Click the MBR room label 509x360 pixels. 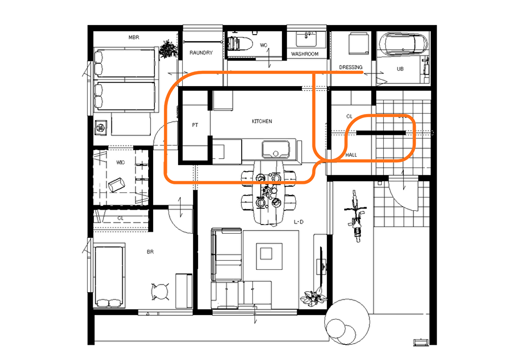click(134, 37)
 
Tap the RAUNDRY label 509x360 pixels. click(201, 52)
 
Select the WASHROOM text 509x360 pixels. click(305, 54)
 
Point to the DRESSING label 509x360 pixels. click(351, 67)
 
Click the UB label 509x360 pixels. click(400, 69)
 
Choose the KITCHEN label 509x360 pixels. click(262, 121)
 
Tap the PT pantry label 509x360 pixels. click(195, 125)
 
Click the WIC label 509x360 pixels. click(121, 162)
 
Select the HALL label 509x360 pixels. click(351, 155)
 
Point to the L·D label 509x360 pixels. click(299, 221)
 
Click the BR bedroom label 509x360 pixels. click(150, 252)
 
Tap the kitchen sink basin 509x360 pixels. click(275, 150)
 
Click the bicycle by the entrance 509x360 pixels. click(356, 216)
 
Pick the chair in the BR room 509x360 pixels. click(160, 291)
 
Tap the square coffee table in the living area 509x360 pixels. click(266, 253)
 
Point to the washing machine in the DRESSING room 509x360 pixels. click(359, 43)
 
